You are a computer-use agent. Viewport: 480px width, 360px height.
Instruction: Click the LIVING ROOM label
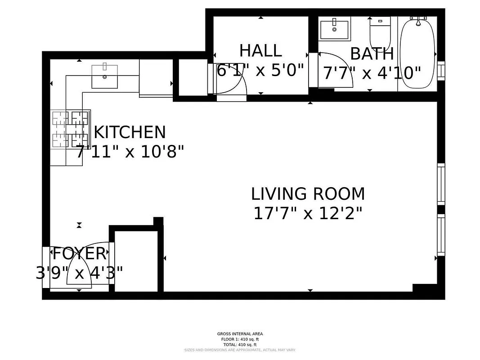[x=308, y=194]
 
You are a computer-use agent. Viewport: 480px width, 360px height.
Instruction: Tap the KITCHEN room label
[x=130, y=132]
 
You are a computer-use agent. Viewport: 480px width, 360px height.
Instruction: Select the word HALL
[x=260, y=50]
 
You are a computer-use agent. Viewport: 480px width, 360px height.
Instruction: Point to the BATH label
[x=372, y=54]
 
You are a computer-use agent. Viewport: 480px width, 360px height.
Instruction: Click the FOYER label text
[x=80, y=254]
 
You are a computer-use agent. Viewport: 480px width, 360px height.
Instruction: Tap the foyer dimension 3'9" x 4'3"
[x=80, y=273]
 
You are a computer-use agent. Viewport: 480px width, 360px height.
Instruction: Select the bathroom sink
[x=335, y=29]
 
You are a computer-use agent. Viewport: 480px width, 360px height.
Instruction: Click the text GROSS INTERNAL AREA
[x=240, y=334]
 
